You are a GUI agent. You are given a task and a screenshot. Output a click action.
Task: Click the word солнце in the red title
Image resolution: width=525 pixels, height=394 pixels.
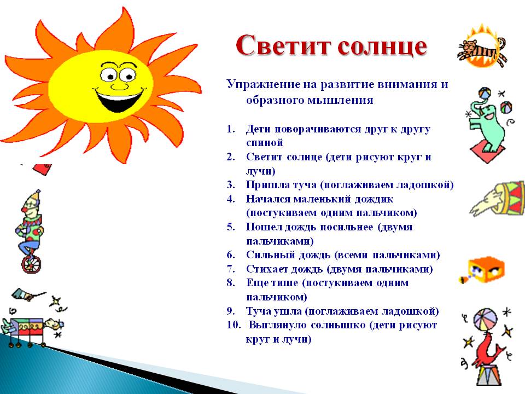click(381, 47)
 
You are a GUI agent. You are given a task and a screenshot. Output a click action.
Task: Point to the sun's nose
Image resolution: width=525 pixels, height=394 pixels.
click(119, 84)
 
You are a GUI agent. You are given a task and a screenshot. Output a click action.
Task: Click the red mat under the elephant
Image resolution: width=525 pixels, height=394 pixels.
click(488, 150)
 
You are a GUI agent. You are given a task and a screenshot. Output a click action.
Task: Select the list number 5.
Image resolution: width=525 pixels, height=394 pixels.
click(231, 227)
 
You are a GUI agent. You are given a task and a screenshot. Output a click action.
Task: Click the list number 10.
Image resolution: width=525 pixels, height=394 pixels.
click(232, 326)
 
